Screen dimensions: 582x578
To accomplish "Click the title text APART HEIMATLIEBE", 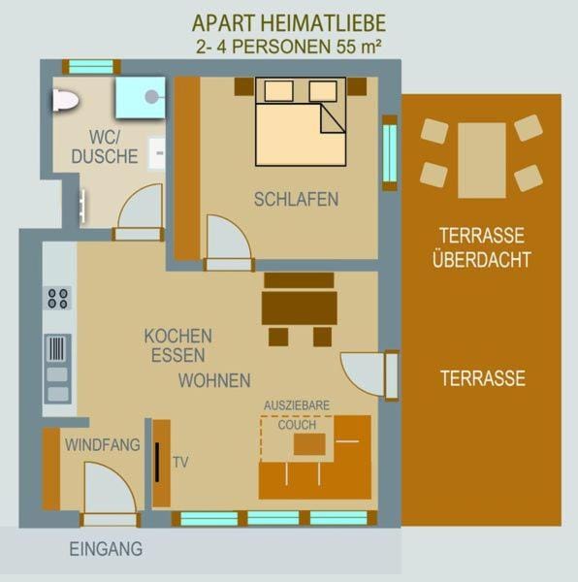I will click(x=288, y=22).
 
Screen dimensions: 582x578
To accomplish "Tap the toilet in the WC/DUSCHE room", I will click(x=65, y=100).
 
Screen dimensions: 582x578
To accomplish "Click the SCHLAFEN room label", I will click(x=296, y=200).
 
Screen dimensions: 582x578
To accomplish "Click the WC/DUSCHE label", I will click(x=104, y=146).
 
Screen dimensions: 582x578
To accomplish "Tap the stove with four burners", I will click(x=58, y=298).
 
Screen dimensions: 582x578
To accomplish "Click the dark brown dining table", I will click(x=300, y=307).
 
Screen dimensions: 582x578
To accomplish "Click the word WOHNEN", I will click(x=214, y=380).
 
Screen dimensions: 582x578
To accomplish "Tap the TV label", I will click(x=180, y=463).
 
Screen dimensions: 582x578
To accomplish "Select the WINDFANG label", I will click(x=102, y=445).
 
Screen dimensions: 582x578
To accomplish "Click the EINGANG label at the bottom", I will click(x=106, y=549).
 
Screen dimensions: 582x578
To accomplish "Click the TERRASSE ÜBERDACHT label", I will click(x=483, y=247).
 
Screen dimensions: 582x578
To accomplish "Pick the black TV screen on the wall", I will click(x=156, y=463).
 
